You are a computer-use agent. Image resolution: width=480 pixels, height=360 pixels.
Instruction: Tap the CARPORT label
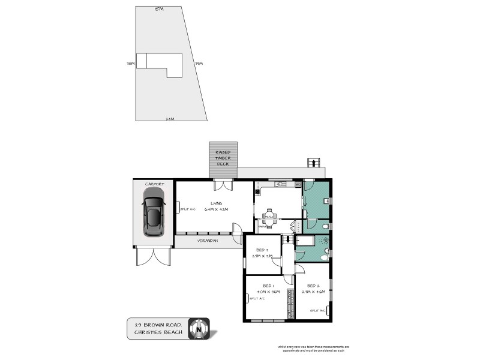154,184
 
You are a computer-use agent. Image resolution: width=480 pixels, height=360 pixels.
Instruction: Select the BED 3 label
262,250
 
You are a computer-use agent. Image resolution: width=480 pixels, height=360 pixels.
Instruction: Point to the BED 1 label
268,286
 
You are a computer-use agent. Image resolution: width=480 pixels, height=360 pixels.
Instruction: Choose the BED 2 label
313,286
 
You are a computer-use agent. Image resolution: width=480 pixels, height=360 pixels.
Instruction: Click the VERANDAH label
208,241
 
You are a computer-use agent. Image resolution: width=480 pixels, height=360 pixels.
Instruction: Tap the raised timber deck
223,160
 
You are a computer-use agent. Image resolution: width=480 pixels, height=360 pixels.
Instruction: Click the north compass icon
198,328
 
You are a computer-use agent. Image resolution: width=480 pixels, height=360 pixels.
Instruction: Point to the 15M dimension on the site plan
158,10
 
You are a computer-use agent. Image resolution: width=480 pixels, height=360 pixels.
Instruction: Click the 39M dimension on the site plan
200,64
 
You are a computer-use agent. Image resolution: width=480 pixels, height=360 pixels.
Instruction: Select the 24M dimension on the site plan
170,119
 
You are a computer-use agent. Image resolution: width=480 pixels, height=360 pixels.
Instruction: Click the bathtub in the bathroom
305,241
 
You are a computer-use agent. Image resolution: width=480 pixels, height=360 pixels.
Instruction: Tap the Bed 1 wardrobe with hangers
290,303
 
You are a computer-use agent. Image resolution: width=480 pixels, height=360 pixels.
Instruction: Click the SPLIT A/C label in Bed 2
318,310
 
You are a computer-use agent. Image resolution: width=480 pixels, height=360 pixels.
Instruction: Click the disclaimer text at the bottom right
314,349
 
